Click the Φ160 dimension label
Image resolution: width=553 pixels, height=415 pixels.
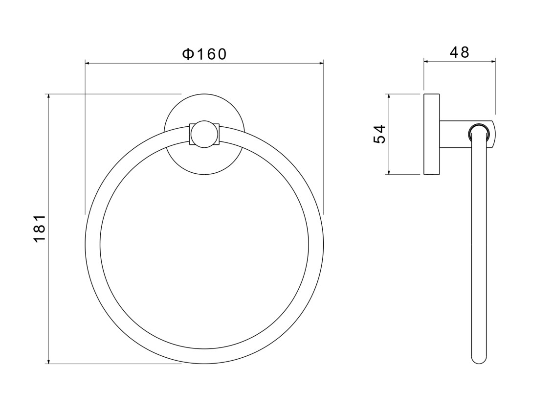(x=204, y=54)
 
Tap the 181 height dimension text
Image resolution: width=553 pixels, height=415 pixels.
(x=40, y=229)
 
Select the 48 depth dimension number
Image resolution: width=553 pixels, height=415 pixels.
(x=460, y=52)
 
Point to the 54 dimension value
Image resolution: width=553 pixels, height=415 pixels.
(x=379, y=134)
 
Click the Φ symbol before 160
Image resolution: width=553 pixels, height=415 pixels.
(x=187, y=54)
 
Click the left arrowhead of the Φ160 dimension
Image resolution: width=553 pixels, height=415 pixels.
(x=88, y=64)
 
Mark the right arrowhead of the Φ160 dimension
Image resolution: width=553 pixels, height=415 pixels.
(x=321, y=64)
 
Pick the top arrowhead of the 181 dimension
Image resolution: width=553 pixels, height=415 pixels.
(x=48, y=97)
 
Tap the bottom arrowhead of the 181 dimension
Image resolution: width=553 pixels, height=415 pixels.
(x=48, y=361)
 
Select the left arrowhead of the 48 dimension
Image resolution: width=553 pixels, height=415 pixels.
(x=426, y=61)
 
